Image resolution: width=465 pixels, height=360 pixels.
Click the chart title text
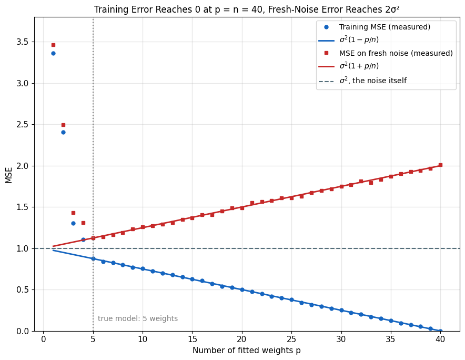coord(247,9)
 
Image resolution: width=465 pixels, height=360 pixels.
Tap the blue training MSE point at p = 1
coord(53,54)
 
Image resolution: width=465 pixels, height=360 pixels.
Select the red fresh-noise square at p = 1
coord(53,45)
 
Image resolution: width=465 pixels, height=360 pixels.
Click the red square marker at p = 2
coord(63,125)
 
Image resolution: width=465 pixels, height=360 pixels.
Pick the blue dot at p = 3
coord(73,224)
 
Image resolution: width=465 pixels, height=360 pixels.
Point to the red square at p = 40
coord(440,165)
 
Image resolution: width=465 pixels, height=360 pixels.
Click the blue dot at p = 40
coord(440,331)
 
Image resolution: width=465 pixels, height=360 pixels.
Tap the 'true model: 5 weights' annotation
coord(138,318)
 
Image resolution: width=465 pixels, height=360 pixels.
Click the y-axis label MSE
coord(9,175)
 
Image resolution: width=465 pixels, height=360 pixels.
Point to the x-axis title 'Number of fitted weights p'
coord(246,351)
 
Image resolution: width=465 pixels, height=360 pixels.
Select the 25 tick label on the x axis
coord(291,339)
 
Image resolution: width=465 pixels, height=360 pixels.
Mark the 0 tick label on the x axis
coord(43,339)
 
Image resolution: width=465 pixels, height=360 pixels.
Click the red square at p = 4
coord(83,223)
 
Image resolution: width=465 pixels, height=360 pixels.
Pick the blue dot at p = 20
coord(242,289)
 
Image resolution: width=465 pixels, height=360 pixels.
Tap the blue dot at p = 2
coord(63,132)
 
